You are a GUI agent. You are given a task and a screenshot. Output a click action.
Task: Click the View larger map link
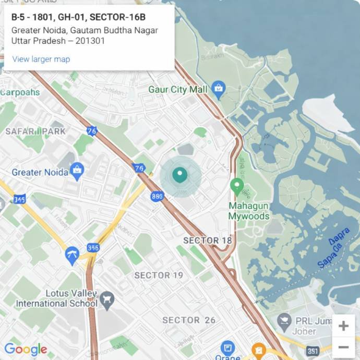(x=41, y=59)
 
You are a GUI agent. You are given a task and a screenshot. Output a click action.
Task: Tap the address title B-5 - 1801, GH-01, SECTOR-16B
(x=78, y=17)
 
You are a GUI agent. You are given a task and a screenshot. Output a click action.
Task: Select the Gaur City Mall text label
(x=178, y=90)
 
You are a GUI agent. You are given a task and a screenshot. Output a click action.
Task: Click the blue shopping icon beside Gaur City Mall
(x=219, y=90)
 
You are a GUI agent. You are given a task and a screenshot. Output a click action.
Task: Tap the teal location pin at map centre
(x=180, y=175)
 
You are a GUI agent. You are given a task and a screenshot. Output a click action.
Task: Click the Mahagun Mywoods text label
(x=249, y=211)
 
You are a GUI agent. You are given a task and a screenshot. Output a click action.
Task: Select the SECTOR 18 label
(x=208, y=241)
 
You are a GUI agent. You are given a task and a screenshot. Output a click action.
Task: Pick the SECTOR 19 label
(x=159, y=275)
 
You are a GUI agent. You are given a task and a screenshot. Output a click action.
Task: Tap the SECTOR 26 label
(x=189, y=320)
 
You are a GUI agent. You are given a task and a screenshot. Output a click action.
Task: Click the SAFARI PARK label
(x=35, y=131)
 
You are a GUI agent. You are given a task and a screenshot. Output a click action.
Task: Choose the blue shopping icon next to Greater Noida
(x=77, y=171)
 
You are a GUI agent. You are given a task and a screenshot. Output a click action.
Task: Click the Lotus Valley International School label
(x=57, y=298)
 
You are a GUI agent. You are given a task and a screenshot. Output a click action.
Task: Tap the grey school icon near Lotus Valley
(x=107, y=299)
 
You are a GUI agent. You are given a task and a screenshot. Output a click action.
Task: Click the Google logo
(x=26, y=350)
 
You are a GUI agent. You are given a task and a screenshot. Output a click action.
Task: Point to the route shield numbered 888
(x=157, y=196)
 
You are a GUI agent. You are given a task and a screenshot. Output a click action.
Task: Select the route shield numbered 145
(x=19, y=199)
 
